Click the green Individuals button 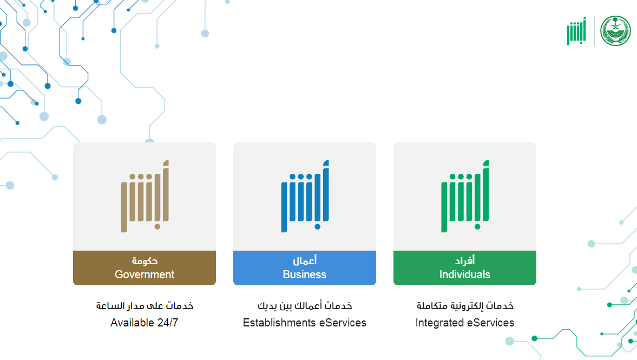[x=464, y=268]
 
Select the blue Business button [x=304, y=268]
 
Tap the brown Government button [x=144, y=268]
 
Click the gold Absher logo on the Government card [x=145, y=197]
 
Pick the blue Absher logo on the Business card [x=305, y=197]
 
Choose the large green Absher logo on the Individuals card [x=465, y=197]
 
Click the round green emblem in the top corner [x=615, y=31]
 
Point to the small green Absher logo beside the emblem [x=576, y=31]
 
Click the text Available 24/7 [x=144, y=323]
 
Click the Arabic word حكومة [x=145, y=260]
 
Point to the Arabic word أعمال [x=305, y=260]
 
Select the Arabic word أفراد [x=465, y=260]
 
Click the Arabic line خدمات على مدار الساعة [x=145, y=305]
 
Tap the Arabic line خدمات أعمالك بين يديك [x=305, y=305]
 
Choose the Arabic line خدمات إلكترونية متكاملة [x=465, y=305]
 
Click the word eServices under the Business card [x=343, y=323]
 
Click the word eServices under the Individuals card [x=491, y=323]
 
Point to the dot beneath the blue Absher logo [x=317, y=227]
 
